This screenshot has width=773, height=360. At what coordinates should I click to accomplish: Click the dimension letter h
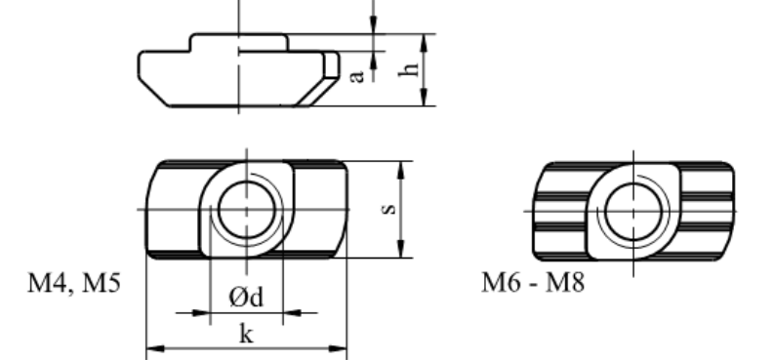pos(410,69)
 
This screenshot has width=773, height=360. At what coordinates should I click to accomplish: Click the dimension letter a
pos(356,76)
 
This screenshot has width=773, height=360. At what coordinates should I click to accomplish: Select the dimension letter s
pos(389,210)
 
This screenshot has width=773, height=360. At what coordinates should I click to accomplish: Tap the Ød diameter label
pos(247,297)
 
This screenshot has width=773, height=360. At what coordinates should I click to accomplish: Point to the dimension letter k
pos(247,334)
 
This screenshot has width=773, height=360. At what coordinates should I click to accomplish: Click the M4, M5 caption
pos(74,283)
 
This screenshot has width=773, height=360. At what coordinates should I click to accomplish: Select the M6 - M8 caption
pos(533,283)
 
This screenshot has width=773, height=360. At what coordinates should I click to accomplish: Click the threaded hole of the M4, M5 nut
pos(247,210)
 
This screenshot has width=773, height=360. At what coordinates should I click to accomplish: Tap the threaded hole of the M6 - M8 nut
pos(633,212)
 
